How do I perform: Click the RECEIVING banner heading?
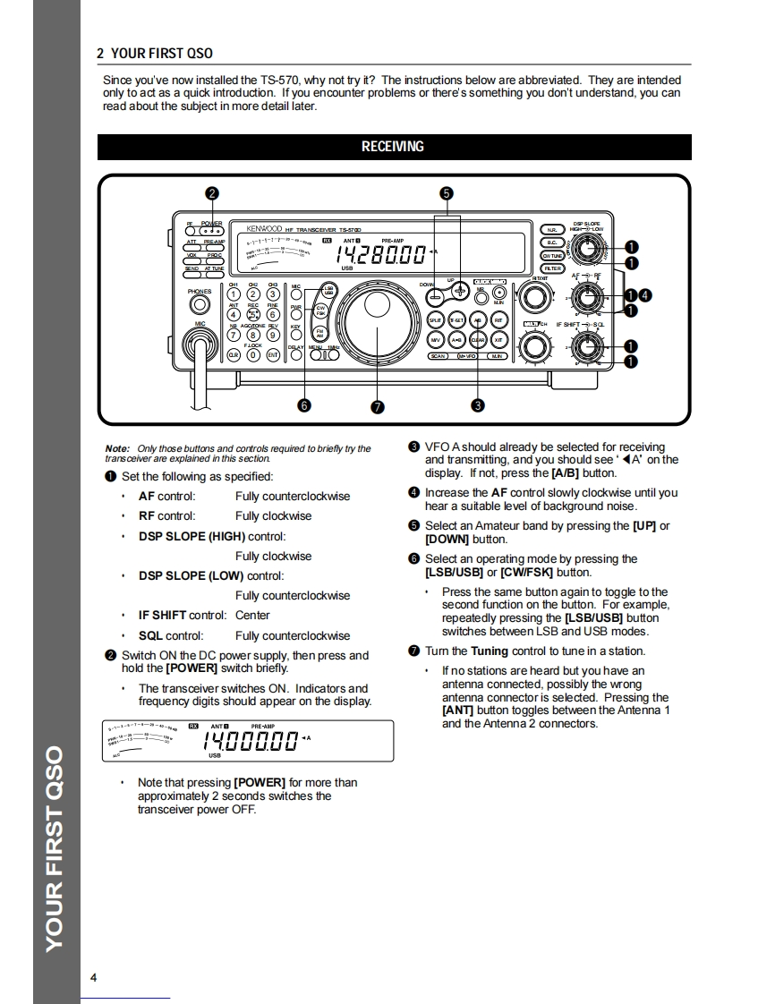tap(393, 147)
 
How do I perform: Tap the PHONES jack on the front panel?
tap(199, 306)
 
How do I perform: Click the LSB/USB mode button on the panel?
tap(328, 291)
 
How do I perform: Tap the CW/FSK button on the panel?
tap(319, 311)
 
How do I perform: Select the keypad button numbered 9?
tap(273, 336)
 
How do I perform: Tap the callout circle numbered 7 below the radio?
tap(377, 406)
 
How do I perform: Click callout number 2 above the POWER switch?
tap(212, 193)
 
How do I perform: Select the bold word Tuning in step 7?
tap(490, 651)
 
